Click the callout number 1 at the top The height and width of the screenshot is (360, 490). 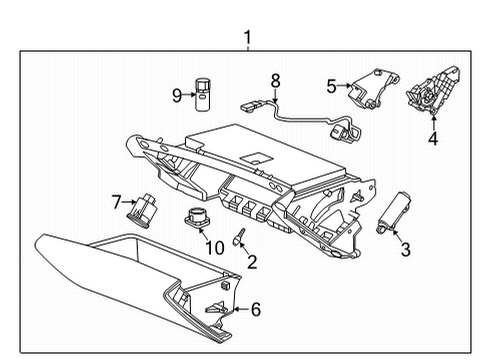point(247,39)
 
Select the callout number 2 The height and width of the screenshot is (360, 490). point(252,262)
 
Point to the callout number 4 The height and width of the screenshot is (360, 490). point(433,139)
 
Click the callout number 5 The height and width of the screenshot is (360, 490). point(331,86)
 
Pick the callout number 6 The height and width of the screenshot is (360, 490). point(255,310)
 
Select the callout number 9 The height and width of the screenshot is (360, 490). point(176,96)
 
